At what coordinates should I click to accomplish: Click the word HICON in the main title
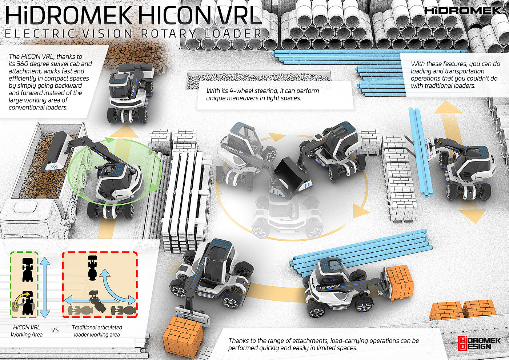(x=177, y=15)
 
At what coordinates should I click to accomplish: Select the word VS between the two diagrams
(x=55, y=330)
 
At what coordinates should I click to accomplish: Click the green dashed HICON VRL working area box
(x=11, y=284)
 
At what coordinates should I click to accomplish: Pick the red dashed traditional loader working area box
(x=63, y=284)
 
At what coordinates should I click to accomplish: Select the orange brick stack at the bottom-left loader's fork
(x=183, y=334)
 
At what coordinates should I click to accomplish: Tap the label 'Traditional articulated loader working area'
(x=97, y=331)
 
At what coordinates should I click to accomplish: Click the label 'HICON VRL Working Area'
(x=27, y=331)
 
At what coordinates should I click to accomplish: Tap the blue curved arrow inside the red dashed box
(x=117, y=287)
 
